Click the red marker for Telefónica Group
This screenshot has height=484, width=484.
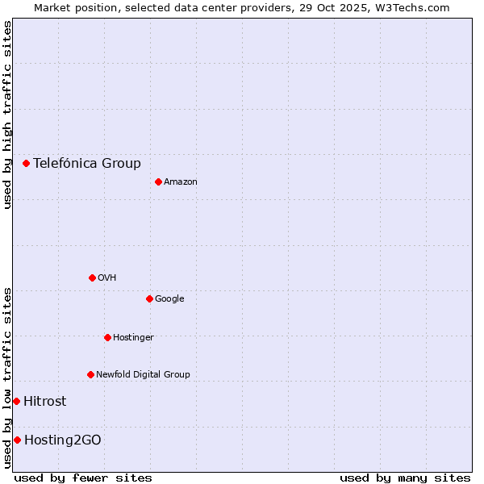pos(26,163)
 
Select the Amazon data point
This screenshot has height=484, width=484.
pos(158,181)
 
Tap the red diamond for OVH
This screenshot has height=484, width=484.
pos(92,277)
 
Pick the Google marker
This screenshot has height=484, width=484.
pos(149,298)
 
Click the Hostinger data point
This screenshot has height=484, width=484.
pos(107,337)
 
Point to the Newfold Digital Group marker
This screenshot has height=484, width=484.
pos(90,374)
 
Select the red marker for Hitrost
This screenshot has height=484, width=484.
pos(16,401)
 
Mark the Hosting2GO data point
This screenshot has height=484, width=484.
pos(17,440)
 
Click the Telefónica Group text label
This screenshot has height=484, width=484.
pos(87,164)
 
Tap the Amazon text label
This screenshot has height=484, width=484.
pos(181,182)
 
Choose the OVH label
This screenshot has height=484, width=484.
pos(107,278)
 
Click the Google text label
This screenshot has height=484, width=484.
pos(169,299)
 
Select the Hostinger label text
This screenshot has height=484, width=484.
pos(133,338)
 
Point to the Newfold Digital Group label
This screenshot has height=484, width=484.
pos(143,375)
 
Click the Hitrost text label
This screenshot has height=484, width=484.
pos(45,402)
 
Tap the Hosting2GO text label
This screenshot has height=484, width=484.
pos(63,440)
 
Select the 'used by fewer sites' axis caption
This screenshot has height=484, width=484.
pos(83,478)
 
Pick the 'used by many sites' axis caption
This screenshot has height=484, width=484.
pos(405,478)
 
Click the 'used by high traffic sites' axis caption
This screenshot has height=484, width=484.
pos(7,115)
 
